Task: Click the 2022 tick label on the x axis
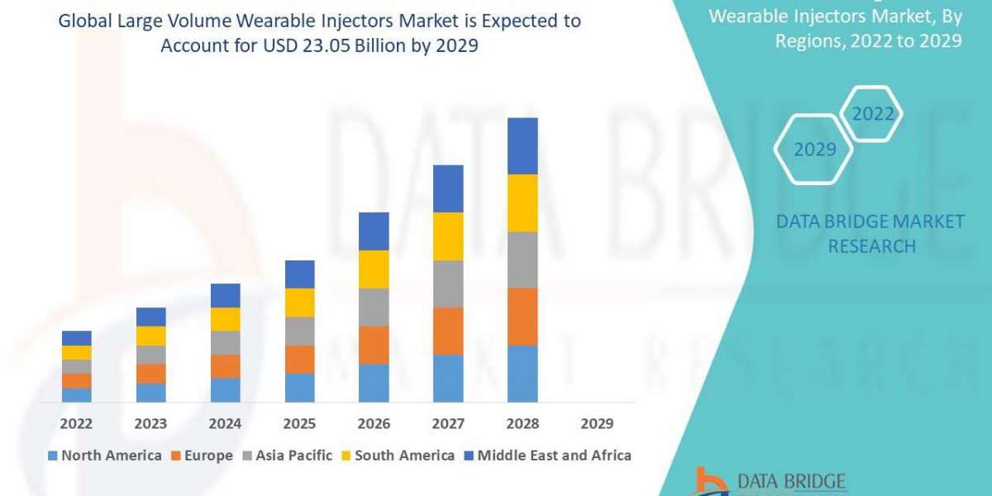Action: click(76, 423)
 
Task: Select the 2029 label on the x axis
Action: click(597, 423)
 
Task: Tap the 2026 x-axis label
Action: click(374, 423)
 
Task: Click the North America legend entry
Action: click(104, 455)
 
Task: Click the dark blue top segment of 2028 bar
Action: click(522, 145)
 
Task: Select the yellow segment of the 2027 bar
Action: click(448, 236)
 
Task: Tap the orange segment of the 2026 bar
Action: click(374, 345)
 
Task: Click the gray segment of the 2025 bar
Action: click(299, 331)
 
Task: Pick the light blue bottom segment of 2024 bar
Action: click(225, 390)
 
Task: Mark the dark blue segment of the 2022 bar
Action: click(76, 337)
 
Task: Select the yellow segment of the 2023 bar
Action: click(150, 335)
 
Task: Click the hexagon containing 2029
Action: click(813, 150)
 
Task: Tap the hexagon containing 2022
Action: click(873, 114)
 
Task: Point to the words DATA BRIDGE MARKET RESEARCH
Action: click(871, 233)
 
